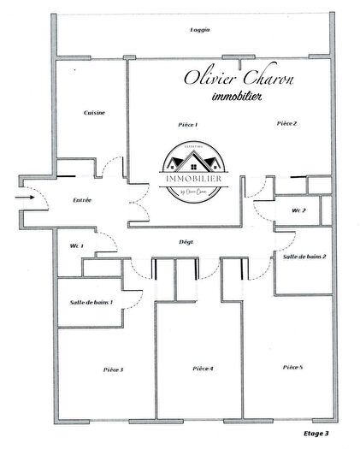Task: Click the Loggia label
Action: coord(200,30)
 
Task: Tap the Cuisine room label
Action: coord(94,114)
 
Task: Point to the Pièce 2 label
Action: coord(286,124)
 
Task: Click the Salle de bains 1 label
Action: coord(91,302)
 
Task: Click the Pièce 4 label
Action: coord(203,369)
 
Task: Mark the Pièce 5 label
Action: coord(292,367)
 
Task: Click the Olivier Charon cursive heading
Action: coord(239,78)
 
